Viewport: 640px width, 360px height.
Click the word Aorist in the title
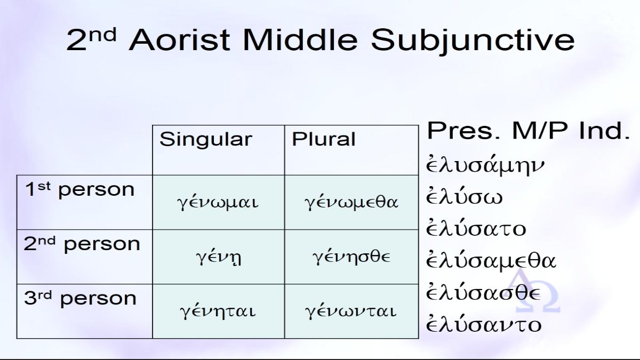tap(179, 39)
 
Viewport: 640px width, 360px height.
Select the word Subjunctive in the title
tap(473, 42)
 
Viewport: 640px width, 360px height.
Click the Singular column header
tap(206, 139)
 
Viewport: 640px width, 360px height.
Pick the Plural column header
tap(323, 139)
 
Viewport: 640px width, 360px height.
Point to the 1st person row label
tap(79, 190)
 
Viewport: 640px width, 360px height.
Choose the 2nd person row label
tap(82, 244)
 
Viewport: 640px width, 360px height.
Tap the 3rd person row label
tap(81, 298)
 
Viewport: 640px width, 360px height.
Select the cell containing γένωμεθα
tap(351, 203)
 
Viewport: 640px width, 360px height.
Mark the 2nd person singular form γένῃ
tap(219, 258)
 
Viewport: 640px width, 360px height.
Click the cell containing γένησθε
tap(351, 257)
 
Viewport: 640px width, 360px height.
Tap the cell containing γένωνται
tap(351, 311)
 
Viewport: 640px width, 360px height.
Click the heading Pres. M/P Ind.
tap(529, 131)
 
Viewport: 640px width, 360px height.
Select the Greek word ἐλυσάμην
tap(485, 165)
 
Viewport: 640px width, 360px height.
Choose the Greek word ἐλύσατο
tap(476, 228)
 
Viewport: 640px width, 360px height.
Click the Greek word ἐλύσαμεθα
tap(491, 261)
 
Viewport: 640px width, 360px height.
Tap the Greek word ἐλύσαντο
tap(484, 324)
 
